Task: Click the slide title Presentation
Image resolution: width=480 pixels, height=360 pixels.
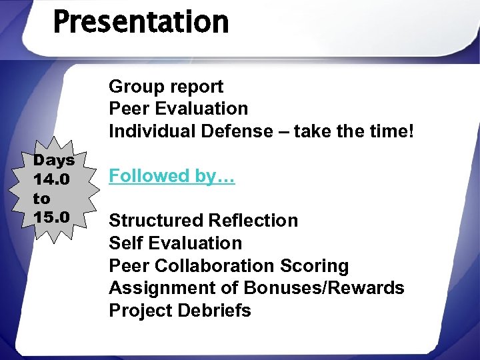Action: (141, 21)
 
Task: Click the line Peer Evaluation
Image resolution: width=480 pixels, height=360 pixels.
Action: (178, 109)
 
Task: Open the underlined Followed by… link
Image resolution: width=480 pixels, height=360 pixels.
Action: (171, 176)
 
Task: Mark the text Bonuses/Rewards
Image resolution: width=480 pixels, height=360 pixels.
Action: (324, 288)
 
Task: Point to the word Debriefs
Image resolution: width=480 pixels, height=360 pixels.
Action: (217, 311)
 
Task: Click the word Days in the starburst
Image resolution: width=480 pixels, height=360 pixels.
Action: (54, 161)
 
